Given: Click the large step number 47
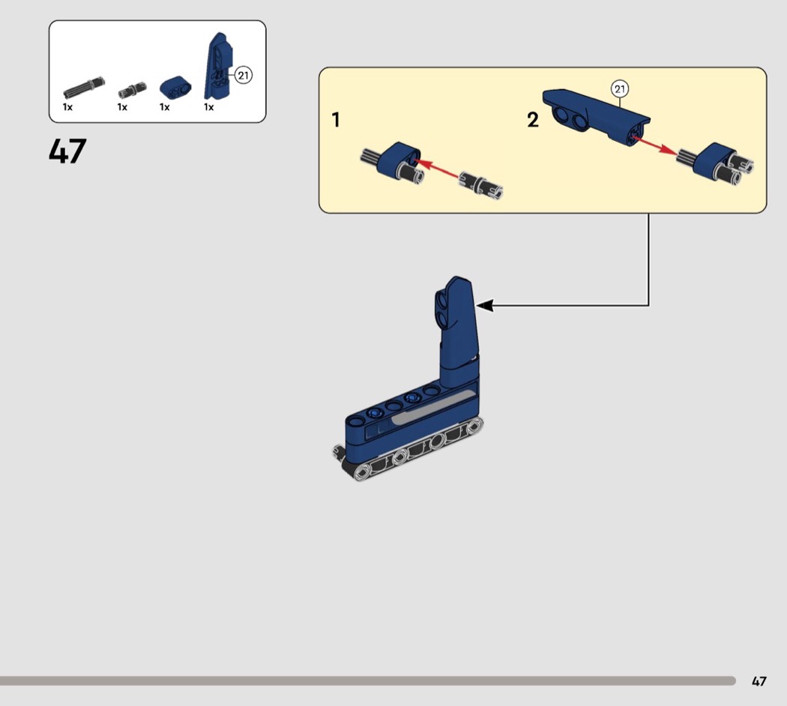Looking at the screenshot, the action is click(67, 151).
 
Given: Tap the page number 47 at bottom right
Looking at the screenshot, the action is click(759, 681).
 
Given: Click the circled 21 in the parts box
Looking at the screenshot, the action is click(244, 75).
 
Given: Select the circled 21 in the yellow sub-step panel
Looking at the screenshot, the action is click(620, 89).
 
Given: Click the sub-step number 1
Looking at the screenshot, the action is click(336, 120).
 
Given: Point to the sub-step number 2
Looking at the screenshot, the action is click(533, 120).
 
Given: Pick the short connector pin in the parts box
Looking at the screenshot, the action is click(133, 90).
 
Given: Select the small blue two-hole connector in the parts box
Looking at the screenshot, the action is click(175, 87).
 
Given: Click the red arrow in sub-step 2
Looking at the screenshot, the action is click(654, 144).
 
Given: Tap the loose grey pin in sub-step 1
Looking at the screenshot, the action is click(481, 185).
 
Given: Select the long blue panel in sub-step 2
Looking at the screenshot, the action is click(597, 116).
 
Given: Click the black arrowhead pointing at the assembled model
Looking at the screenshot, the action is click(484, 305).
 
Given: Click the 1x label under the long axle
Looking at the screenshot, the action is click(67, 107).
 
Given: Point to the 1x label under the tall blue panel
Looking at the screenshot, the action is click(209, 107).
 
